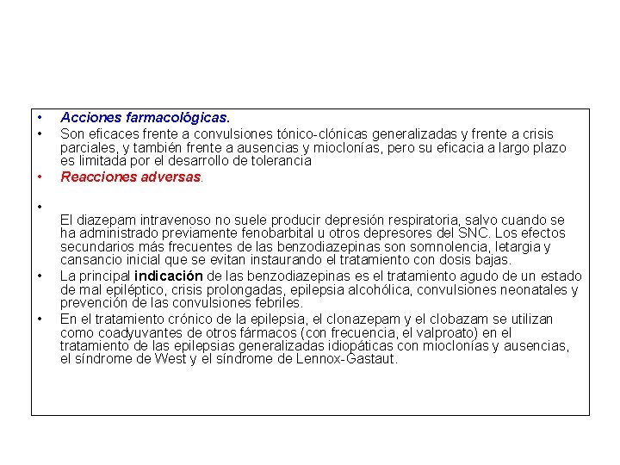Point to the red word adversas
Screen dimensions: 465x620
(172, 177)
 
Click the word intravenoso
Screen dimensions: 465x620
(176, 220)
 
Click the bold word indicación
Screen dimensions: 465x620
(169, 276)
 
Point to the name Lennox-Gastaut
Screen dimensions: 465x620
(344, 358)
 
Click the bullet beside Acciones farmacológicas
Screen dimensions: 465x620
(40, 116)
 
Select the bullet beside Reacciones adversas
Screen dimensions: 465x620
(40, 177)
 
